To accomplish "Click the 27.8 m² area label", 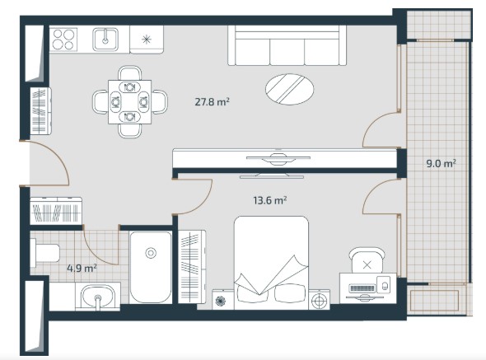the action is tap(212, 101).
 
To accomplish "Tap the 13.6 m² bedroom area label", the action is tap(270, 200).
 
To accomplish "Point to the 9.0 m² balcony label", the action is tap(441, 163).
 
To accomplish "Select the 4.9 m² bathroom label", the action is tap(82, 268).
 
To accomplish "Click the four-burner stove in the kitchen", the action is tap(64, 39).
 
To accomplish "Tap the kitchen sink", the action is tap(105, 40).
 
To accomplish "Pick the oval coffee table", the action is tap(289, 89).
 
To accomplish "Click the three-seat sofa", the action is tap(287, 45).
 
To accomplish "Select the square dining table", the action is tap(130, 101).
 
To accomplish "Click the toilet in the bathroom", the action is tap(45, 253).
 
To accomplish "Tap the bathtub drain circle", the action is tap(151, 253).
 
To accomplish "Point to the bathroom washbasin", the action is tap(98, 296).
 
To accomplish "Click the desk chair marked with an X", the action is tap(367, 260).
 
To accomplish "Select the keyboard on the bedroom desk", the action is tap(362, 288).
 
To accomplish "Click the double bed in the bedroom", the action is tap(271, 263).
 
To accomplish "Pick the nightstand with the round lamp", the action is tap(320, 300).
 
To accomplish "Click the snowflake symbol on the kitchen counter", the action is tap(147, 40).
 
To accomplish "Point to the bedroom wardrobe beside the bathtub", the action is tap(192, 267).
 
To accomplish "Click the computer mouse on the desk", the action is tap(385, 286).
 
